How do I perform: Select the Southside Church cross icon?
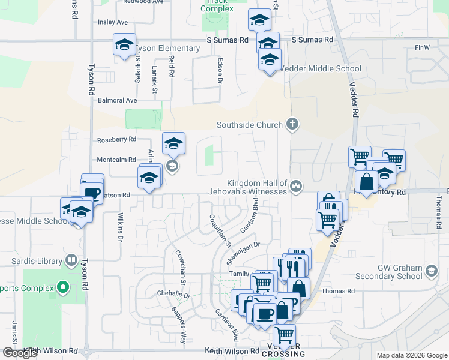pyautogui.click(x=292, y=125)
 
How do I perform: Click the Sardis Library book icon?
pyautogui.click(x=71, y=261)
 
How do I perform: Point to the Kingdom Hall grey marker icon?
pyautogui.click(x=295, y=187)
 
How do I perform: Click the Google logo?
pyautogui.click(x=20, y=353)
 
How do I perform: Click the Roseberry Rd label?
pyautogui.click(x=117, y=140)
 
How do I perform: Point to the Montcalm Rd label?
pyautogui.click(x=117, y=160)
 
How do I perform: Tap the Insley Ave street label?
pyautogui.click(x=113, y=22)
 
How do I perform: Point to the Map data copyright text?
pyautogui.click(x=411, y=355)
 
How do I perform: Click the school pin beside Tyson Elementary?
pyautogui.click(x=124, y=46)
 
